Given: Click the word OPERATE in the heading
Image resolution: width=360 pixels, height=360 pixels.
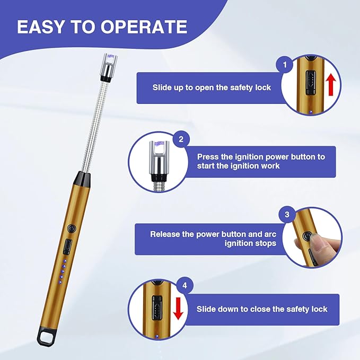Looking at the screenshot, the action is pos(144,27).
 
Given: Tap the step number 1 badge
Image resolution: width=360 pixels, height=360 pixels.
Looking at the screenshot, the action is pos(285,65).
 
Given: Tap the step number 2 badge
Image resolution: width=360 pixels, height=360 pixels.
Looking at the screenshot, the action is pos(181,139).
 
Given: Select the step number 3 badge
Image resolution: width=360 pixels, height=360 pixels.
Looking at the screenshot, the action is pos(287,214).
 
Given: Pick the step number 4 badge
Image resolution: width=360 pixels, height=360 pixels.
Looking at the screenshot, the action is pos(185,285).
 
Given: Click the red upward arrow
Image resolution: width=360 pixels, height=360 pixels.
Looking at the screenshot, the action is pos(331,85).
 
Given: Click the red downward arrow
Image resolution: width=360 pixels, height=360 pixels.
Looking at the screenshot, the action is pos(178,309).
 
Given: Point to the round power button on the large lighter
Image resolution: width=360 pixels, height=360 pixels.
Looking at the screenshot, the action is pos(72,229).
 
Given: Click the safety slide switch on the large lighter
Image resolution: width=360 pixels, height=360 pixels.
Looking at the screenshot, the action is pos(68,247).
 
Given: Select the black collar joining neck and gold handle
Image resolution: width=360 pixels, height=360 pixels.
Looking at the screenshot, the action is pos(82,179).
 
